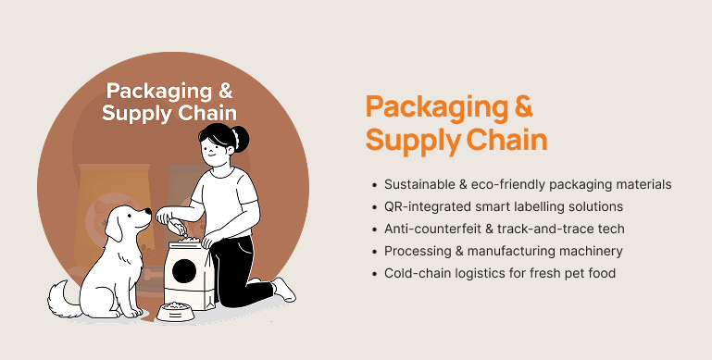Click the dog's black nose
click(x=147, y=211)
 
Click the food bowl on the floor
click(x=176, y=312)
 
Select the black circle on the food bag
click(x=184, y=270)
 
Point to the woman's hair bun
click(x=240, y=139)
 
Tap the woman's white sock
click(x=284, y=289)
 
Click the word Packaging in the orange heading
click(x=437, y=107)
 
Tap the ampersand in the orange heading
click(x=523, y=106)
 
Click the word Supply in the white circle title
click(x=137, y=114)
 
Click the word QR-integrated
click(x=427, y=206)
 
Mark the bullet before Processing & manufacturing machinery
click(x=374, y=252)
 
